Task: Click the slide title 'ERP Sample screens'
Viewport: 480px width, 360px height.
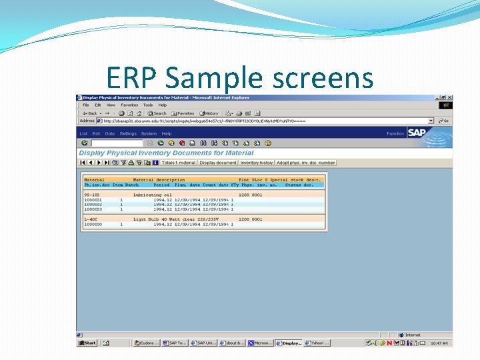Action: (239, 78)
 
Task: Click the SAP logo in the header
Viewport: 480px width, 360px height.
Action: (417, 133)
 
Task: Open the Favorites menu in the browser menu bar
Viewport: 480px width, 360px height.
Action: (129, 105)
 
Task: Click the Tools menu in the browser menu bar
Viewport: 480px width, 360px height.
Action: (148, 105)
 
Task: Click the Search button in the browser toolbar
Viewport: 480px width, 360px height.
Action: (157, 113)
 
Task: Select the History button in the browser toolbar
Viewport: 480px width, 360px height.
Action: (209, 113)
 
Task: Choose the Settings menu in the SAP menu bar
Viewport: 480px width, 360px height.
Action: (128, 133)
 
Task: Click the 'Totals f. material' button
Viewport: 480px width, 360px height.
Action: (178, 163)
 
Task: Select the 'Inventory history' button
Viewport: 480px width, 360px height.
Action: (257, 163)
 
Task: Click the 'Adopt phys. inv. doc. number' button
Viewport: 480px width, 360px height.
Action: (306, 163)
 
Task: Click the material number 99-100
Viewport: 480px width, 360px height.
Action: (91, 195)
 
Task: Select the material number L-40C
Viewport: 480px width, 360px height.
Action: (91, 219)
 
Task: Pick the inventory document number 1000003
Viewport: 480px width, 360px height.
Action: (93, 209)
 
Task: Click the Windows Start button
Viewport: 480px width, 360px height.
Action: (87, 343)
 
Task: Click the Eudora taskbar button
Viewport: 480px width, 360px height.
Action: (146, 343)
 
